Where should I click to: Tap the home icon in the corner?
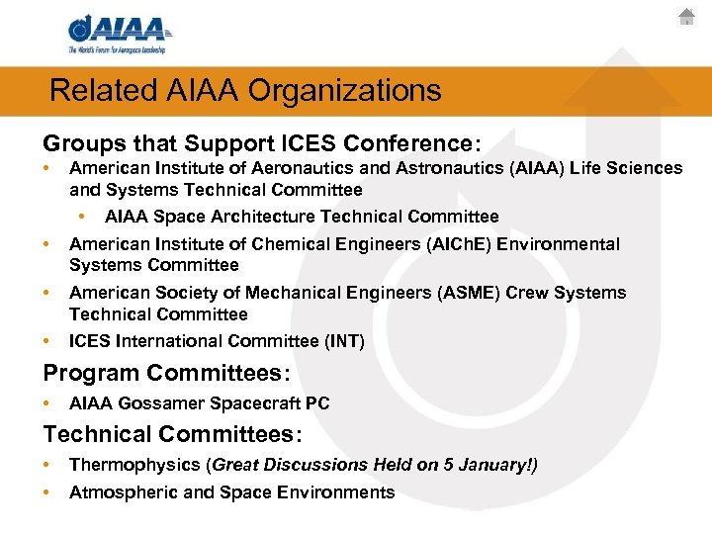coord(687,17)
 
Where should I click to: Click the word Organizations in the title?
coord(345,91)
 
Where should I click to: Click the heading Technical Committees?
coord(172,434)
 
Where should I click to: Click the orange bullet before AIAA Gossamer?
coord(47,403)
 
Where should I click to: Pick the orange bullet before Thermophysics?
coord(47,465)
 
